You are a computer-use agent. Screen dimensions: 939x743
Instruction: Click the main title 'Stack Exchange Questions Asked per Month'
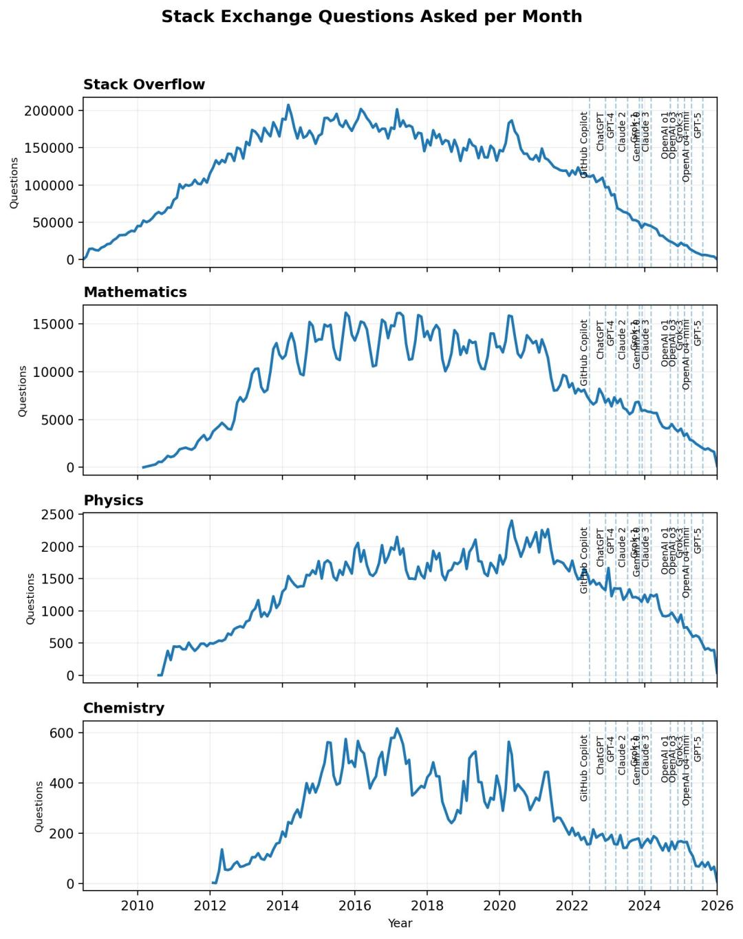371,17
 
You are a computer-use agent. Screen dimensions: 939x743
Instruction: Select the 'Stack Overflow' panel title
144,85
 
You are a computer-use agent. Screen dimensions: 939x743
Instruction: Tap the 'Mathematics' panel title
135,292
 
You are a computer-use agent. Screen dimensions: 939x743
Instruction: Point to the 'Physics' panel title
114,501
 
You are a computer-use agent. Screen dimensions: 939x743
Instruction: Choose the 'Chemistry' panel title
124,709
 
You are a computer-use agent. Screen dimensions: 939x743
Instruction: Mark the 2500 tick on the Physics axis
60,515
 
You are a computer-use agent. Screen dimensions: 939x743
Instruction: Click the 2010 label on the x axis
138,905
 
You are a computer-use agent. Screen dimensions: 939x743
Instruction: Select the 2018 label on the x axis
427,905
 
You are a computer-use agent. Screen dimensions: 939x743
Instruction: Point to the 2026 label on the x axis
717,905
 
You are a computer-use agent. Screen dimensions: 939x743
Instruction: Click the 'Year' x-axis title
400,923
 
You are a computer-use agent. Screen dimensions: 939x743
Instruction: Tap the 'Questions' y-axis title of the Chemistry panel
39,806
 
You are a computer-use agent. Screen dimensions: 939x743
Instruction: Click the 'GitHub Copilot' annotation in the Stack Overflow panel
584,145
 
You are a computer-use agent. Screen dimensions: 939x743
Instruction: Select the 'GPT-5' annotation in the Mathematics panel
698,333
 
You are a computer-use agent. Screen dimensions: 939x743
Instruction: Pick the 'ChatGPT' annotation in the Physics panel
600,547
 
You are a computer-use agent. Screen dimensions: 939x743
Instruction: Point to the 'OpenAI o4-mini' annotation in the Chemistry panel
686,770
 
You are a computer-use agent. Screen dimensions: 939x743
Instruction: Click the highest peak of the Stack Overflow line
288,105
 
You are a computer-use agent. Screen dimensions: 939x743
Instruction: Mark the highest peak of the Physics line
511,521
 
